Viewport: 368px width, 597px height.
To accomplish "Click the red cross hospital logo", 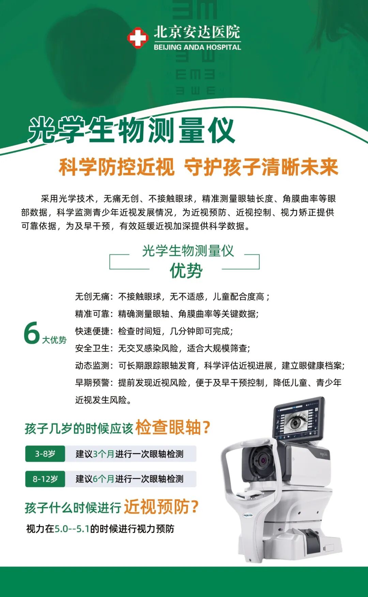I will pos(138,38).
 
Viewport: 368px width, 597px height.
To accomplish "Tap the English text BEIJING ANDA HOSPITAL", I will pos(197,47).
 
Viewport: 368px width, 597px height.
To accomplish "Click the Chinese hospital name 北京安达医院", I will pos(197,32).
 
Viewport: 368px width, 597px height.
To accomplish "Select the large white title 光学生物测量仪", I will pos(132,130).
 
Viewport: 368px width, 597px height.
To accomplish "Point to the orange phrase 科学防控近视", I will pos(117,167).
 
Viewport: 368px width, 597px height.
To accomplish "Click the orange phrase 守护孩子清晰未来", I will pos(261,167).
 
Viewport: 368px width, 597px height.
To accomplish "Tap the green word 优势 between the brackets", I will pos(186,271).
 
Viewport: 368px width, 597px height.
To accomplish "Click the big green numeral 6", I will pos(32,333).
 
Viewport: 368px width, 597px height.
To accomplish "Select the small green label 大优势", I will pos(54,340).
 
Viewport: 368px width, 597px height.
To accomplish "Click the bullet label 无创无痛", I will pos(92,297).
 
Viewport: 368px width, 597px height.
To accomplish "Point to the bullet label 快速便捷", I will pos(92,331).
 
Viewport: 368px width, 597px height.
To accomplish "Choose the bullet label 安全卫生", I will pos(92,348).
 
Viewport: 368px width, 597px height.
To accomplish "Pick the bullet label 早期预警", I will pos(92,383).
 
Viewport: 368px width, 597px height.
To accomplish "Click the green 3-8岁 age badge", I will pos(45,454).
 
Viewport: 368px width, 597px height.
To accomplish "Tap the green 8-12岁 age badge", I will pos(45,479).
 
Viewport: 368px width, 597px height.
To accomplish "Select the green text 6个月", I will pos(104,479).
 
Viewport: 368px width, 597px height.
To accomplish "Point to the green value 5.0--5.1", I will pos(72,529).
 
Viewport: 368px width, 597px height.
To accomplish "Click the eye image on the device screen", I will pos(296,422).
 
